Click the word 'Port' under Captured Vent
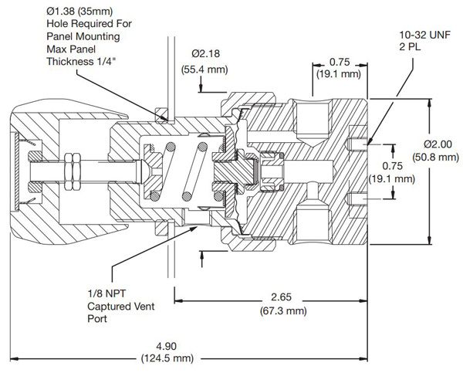pyautogui.click(x=98, y=318)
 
